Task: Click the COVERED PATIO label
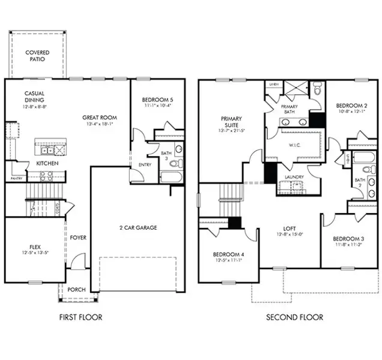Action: click(x=37, y=56)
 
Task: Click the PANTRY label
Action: click(x=16, y=178)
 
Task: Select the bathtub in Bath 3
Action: click(x=172, y=177)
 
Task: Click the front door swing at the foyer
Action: click(x=77, y=262)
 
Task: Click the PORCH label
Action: click(x=76, y=289)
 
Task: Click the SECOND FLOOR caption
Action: click(x=294, y=317)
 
